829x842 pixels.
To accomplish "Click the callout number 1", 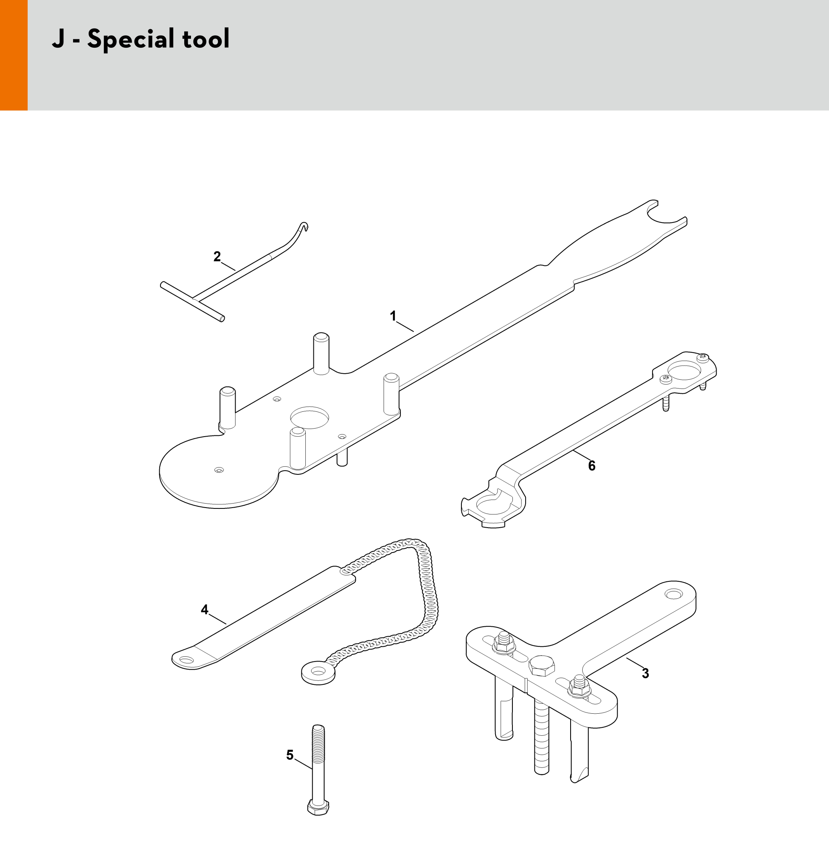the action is (393, 316).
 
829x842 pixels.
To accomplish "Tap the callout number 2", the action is (217, 257).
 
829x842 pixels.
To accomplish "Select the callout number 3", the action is (645, 674).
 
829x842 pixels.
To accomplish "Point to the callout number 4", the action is (205, 609).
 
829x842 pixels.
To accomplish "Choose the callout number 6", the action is (592, 466).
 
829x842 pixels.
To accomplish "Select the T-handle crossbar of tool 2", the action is (193, 302).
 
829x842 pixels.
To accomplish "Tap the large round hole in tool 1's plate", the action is (309, 417).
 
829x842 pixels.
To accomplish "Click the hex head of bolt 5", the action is (318, 808).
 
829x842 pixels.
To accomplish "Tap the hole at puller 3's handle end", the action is (674, 593).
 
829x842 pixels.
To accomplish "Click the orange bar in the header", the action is (14, 55).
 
